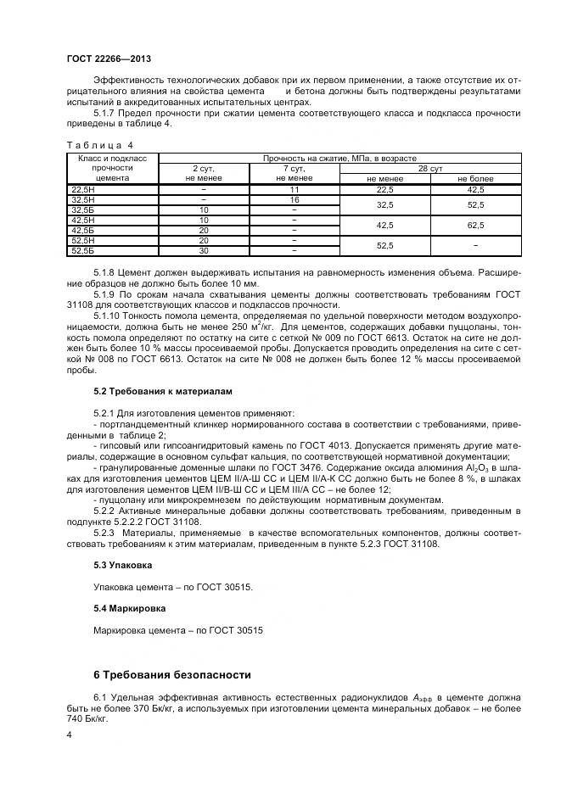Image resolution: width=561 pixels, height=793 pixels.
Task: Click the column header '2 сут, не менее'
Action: (204, 173)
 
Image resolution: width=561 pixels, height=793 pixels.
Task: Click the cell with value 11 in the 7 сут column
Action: (294, 190)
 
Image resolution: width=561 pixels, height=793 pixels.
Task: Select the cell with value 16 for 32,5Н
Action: (294, 199)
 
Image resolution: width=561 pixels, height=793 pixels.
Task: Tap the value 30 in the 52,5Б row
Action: (204, 250)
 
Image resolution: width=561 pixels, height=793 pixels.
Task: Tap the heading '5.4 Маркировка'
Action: (129, 608)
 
